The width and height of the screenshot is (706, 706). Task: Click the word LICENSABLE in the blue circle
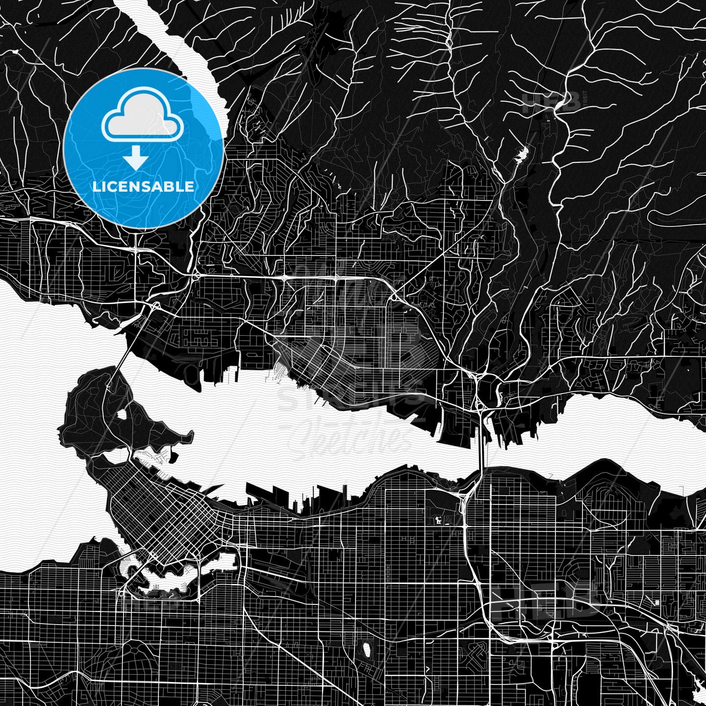[x=143, y=186]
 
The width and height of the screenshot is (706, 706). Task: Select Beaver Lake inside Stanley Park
[x=121, y=414]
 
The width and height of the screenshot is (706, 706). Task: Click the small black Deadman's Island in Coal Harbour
[x=174, y=458]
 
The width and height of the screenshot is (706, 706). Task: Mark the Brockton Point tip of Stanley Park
[x=189, y=434]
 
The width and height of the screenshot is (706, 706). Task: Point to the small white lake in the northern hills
[x=521, y=154]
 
